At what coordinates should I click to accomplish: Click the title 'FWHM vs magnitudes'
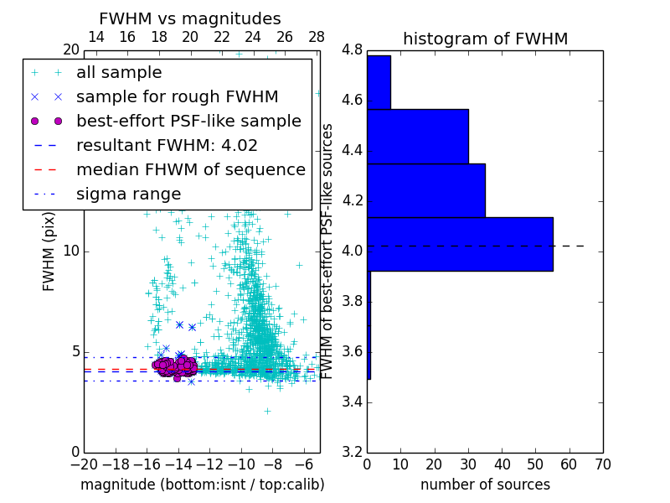coord(190,19)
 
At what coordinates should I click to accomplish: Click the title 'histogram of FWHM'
coord(485,39)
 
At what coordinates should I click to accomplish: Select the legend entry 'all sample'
coord(119,73)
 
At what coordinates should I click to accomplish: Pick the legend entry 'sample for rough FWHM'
coord(178,96)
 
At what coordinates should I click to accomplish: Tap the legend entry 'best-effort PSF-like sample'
coord(188,121)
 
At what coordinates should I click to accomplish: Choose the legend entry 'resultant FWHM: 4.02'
coord(167,145)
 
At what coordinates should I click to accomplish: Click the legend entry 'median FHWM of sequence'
coord(190,169)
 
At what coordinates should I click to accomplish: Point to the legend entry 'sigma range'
coord(128,194)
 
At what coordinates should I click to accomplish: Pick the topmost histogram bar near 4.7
coord(379,82)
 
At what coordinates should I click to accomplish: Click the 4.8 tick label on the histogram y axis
coord(352,50)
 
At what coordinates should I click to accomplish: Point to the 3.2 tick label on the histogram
coord(352,452)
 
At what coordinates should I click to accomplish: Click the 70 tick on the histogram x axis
coord(602,464)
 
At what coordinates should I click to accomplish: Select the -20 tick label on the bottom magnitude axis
coord(84,464)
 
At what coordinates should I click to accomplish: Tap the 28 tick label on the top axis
coord(317,37)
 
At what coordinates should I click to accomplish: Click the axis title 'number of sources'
coord(485,485)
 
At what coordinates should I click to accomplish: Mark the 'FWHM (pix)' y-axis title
coord(49,251)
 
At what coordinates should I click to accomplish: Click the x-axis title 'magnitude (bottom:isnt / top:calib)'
coord(202,485)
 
